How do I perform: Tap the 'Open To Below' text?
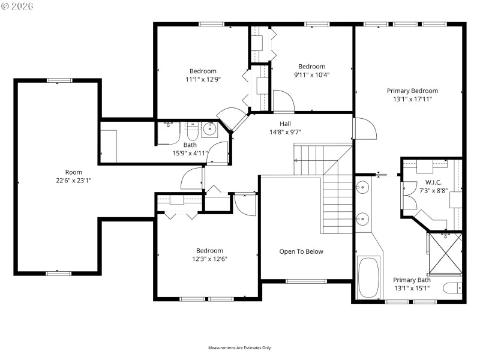click(x=301, y=251)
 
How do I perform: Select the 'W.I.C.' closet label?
click(x=433, y=182)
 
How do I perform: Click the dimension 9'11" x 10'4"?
click(x=312, y=75)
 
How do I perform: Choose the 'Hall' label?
click(x=277, y=124)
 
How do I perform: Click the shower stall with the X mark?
click(x=445, y=253)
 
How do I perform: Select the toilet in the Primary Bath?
click(x=453, y=289)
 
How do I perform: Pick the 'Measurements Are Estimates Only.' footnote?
click(x=240, y=347)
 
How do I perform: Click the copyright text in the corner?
click(x=17, y=6)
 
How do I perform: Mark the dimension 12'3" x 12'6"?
click(x=209, y=259)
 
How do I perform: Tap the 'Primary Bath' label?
click(x=412, y=280)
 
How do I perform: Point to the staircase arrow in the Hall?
click(x=296, y=160)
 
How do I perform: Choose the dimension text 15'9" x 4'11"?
click(x=190, y=153)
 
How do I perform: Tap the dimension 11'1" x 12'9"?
click(x=203, y=79)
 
